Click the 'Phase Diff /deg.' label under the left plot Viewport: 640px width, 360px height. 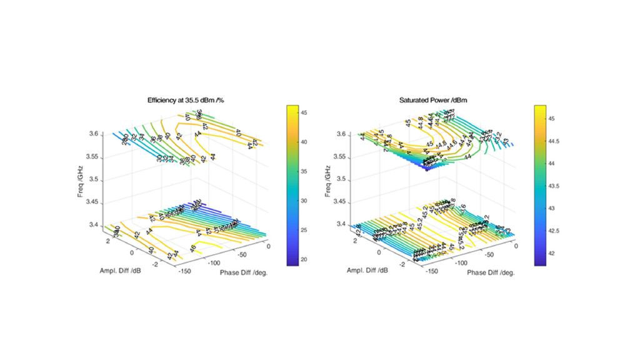click(x=244, y=272)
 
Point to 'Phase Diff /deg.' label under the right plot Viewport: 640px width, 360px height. click(x=491, y=272)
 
